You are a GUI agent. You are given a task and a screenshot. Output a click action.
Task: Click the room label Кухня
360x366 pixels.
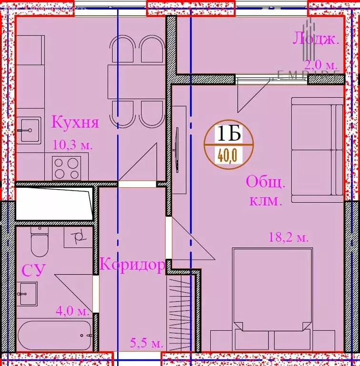coord(75,122)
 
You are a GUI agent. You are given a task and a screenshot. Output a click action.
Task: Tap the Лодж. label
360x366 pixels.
coord(316,39)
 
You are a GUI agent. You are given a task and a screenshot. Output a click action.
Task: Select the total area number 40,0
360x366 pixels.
coord(229,155)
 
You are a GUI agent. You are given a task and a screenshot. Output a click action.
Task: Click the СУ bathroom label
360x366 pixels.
coord(33,271)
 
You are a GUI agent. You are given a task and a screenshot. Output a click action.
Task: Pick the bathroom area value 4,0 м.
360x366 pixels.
coord(72,312)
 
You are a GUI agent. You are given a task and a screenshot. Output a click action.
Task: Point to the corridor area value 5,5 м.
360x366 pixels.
coord(147,342)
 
